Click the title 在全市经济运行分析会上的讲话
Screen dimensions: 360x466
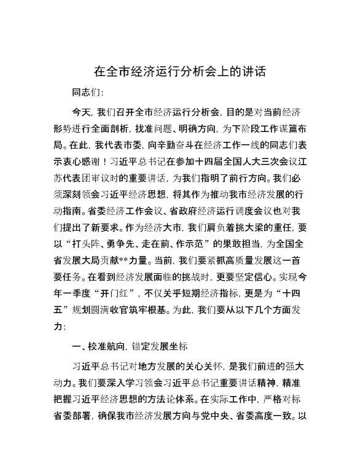click(x=179, y=71)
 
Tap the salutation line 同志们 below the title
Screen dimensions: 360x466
click(x=88, y=93)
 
